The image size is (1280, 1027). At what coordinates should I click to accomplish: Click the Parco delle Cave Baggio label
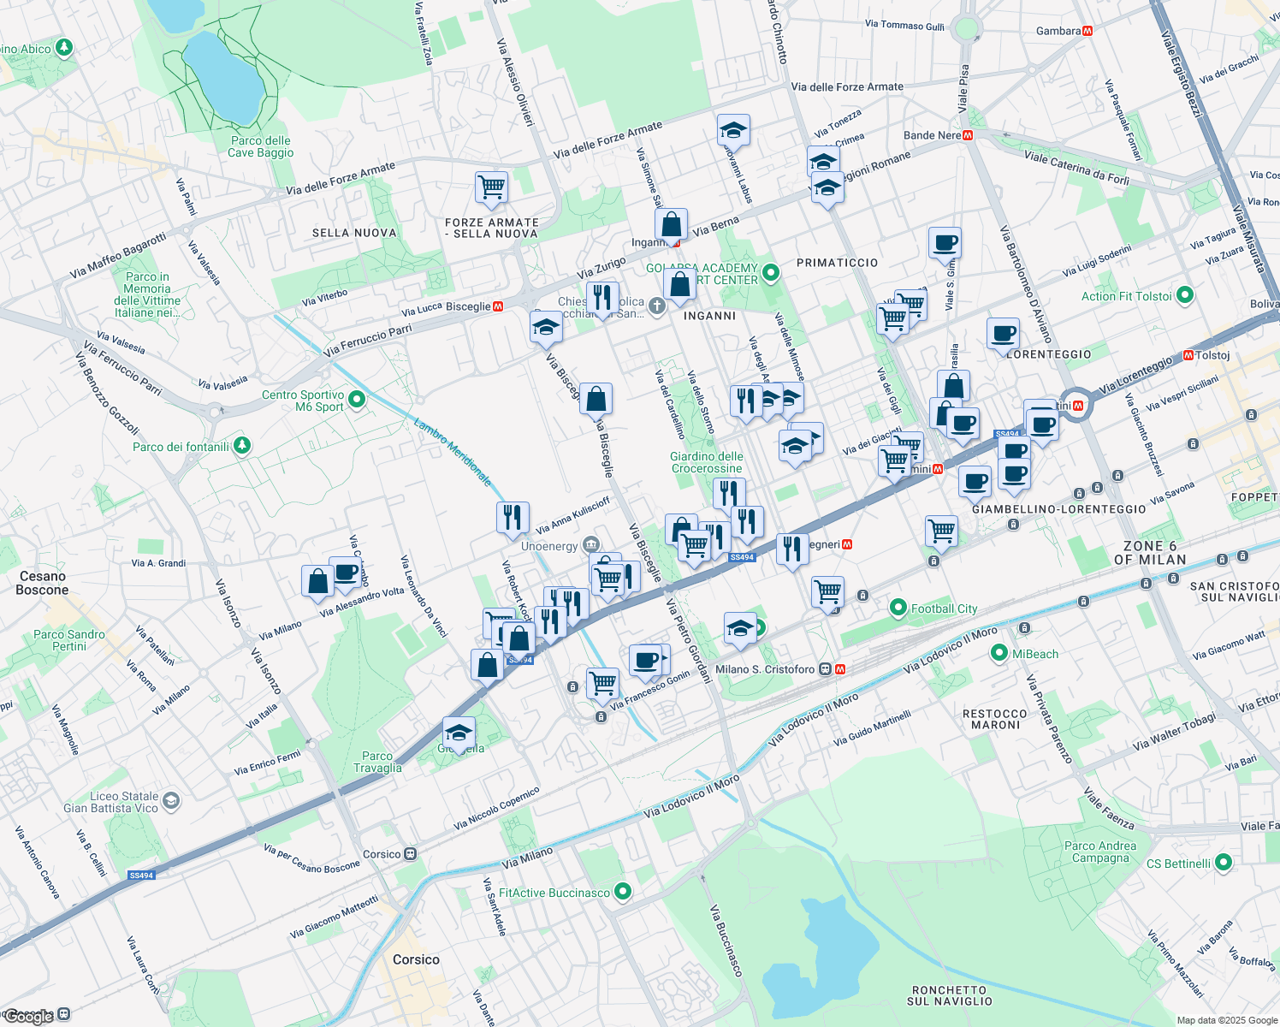260,147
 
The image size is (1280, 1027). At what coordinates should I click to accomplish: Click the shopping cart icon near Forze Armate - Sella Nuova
491,187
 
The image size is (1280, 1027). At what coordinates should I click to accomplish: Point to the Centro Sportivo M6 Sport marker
357,399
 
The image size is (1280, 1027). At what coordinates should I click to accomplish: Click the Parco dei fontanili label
181,447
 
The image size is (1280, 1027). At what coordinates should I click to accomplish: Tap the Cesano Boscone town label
42,583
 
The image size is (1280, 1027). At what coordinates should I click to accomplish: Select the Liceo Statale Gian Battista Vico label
111,802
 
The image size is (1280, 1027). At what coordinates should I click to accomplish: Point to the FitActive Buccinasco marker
623,892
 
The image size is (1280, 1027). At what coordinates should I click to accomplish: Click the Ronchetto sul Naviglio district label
949,995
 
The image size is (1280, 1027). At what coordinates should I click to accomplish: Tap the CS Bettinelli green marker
1224,863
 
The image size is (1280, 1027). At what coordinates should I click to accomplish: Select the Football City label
944,608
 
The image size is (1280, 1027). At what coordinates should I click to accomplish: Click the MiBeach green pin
999,653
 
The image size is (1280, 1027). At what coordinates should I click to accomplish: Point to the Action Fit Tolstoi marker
1185,295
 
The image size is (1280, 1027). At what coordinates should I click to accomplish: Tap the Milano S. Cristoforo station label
765,669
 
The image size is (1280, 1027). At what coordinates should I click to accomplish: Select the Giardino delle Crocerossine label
706,462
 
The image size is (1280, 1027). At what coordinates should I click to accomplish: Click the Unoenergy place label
549,546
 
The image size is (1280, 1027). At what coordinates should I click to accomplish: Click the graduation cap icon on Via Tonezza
823,160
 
